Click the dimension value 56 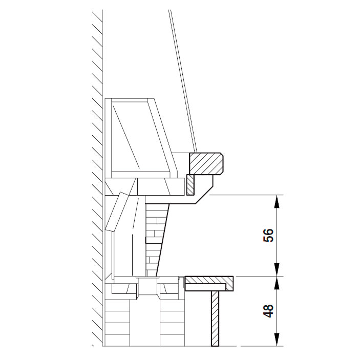[x=268, y=235]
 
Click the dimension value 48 [x=268, y=311]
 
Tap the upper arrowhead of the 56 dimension [x=278, y=201]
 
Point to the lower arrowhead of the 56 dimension [x=278, y=269]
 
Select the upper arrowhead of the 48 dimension [x=278, y=283]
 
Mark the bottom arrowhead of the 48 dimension [x=278, y=339]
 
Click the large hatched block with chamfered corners [x=206, y=163]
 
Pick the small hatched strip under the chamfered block [x=190, y=185]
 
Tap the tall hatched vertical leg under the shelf [x=215, y=319]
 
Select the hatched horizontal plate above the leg [x=209, y=283]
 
